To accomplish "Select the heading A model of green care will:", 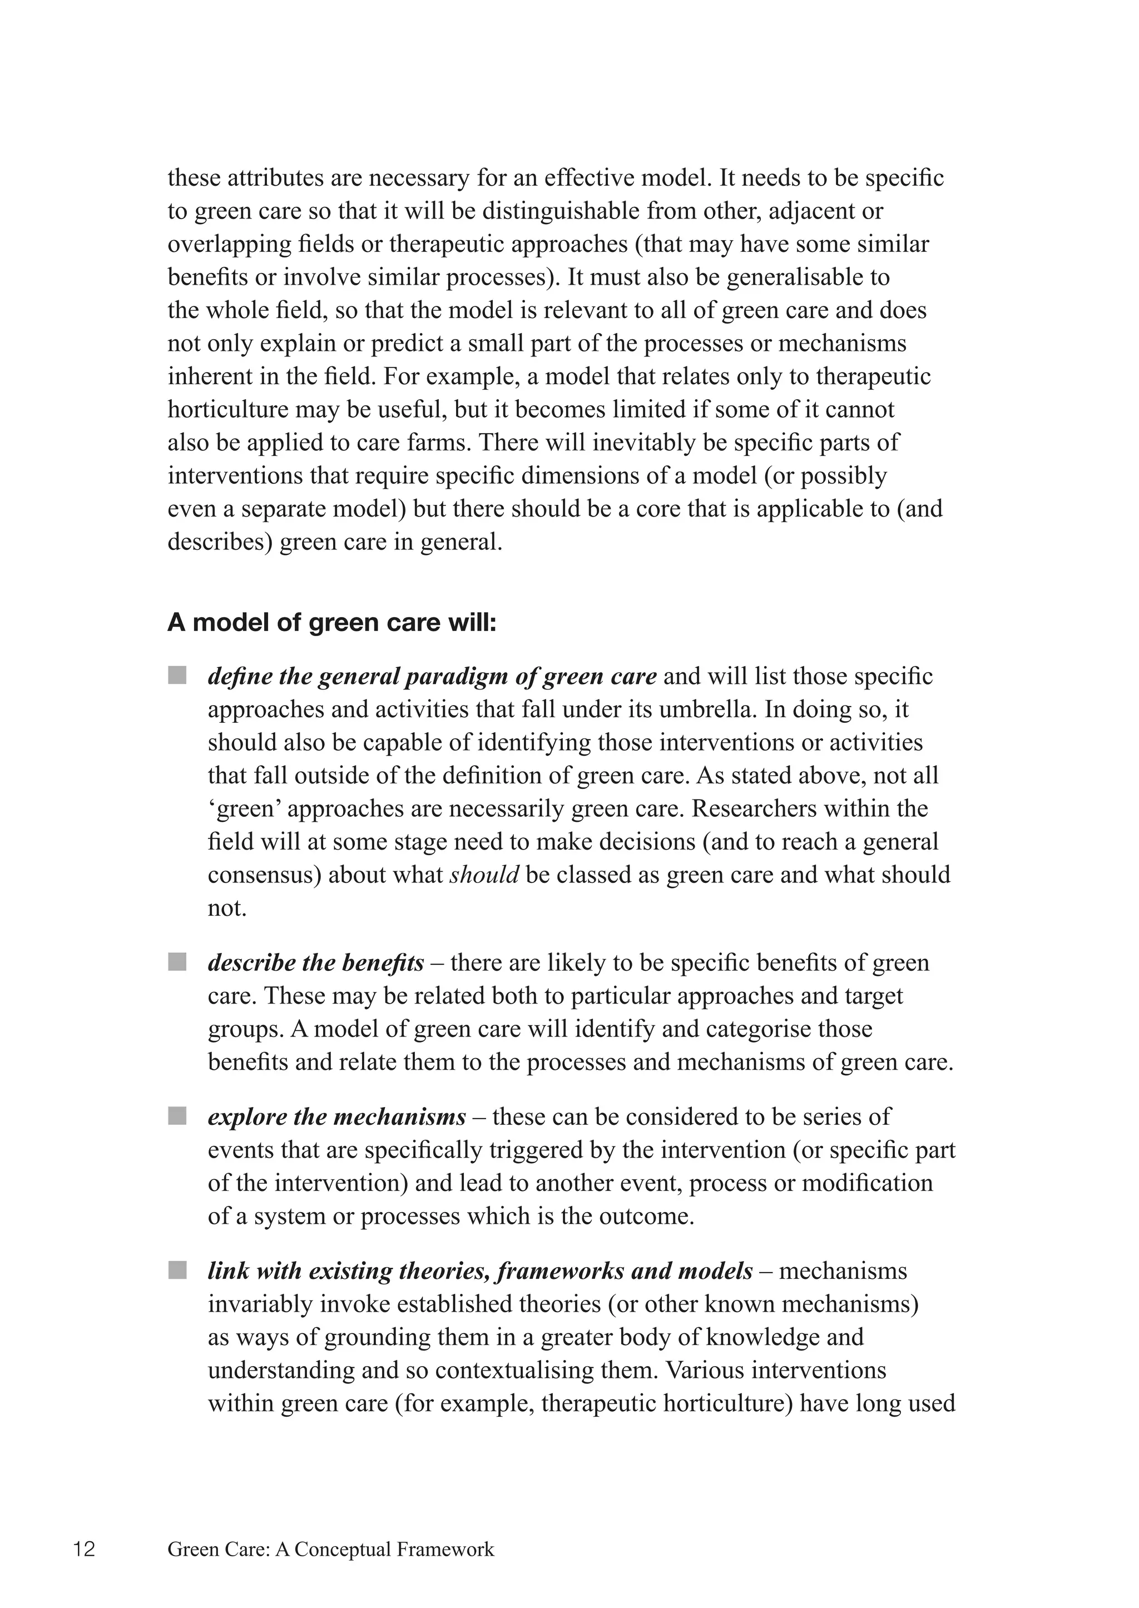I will point(331,623).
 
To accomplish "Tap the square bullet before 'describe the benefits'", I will point(177,961).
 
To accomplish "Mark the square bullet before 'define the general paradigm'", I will point(177,676).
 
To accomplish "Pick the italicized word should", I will point(484,875).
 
